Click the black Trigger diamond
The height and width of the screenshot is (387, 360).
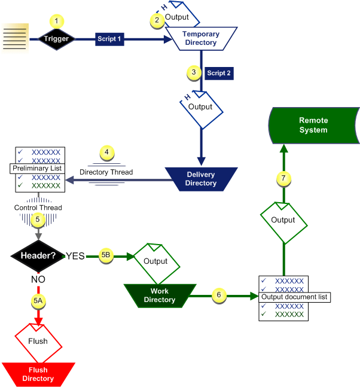56,39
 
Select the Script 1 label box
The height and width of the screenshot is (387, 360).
109,39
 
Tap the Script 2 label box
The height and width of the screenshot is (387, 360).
219,73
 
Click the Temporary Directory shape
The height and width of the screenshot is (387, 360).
200,38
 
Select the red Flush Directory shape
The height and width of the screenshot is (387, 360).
38,374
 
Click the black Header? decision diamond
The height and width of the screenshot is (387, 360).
38,256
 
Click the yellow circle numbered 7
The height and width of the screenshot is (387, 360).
283,178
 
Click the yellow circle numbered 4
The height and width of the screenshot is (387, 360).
106,153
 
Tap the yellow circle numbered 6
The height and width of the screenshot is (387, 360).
219,295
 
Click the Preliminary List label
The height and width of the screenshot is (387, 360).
37,169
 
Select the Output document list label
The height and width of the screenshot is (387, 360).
295,297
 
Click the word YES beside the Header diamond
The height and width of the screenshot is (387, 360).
75,256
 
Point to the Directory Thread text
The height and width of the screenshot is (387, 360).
106,172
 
